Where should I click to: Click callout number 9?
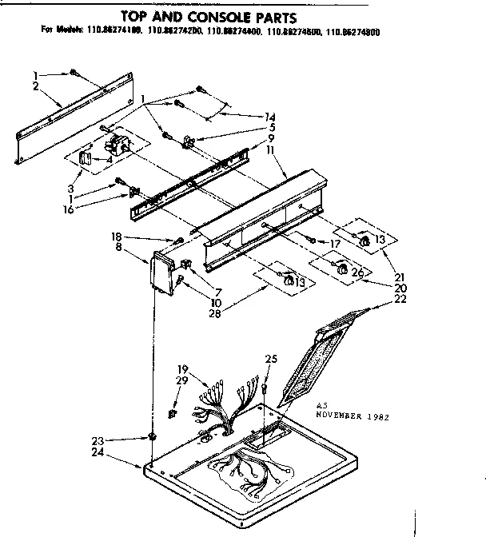pos(272,137)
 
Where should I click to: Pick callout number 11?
pos(272,149)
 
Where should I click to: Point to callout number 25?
pos(271,359)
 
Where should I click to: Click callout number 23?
pos(119,440)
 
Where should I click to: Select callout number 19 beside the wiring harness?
pos(182,368)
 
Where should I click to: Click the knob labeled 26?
pos(345,273)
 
